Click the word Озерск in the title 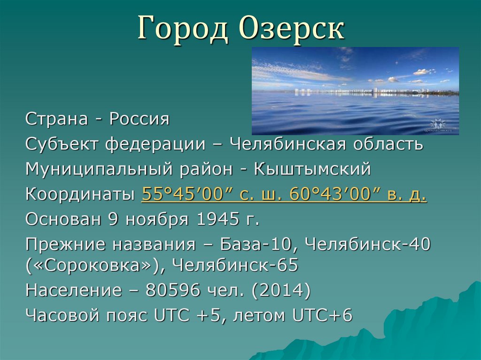coord(292,28)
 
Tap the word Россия coord(139,119)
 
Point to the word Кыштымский coord(312,169)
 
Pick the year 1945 coord(218,219)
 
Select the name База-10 coord(256,245)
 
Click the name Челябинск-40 coord(368,244)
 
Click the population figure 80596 coord(173,290)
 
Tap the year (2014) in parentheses coord(281,290)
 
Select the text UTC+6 coord(322,315)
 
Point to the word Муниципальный coord(99,169)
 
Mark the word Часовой coord(62,315)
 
